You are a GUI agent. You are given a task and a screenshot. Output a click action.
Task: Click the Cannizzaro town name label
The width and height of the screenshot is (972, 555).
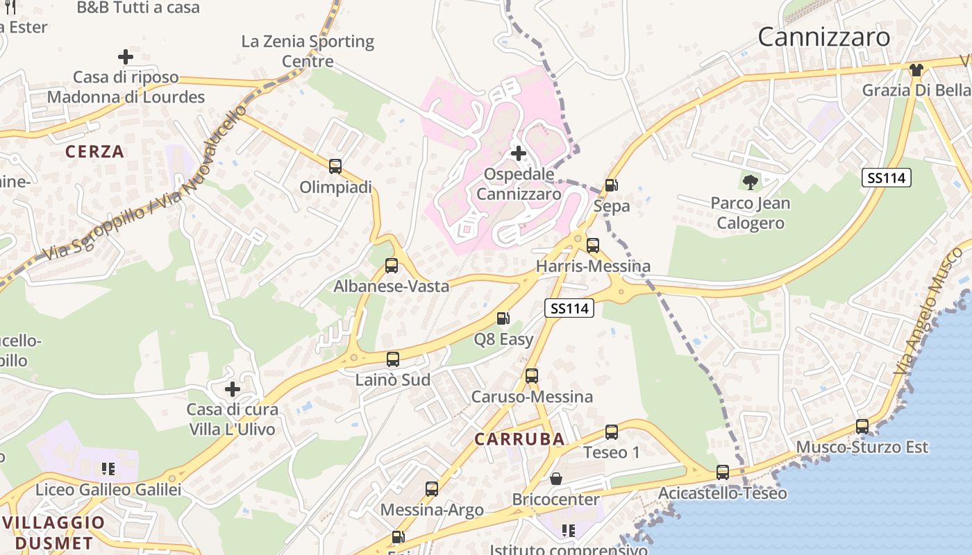(x=823, y=37)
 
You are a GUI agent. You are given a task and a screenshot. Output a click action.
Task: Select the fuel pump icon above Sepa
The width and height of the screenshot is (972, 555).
(x=611, y=185)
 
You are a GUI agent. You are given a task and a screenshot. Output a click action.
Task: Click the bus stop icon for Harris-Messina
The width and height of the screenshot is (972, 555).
(x=592, y=246)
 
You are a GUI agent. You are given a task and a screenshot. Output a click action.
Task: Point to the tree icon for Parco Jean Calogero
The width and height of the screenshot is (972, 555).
(x=750, y=182)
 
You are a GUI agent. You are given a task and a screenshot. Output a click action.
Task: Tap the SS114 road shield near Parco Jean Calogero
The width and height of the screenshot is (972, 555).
(x=886, y=178)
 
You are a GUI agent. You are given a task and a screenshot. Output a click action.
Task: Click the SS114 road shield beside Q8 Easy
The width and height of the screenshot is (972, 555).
(x=569, y=308)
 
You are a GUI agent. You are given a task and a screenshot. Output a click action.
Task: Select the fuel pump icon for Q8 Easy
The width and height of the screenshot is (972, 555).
(x=503, y=318)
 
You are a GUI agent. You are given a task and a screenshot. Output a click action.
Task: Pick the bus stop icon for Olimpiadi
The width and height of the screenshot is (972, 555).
(x=335, y=166)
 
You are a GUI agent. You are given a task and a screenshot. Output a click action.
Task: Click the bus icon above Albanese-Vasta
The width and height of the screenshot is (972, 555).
(x=392, y=265)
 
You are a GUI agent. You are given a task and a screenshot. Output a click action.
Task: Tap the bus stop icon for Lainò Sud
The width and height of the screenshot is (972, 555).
(x=393, y=359)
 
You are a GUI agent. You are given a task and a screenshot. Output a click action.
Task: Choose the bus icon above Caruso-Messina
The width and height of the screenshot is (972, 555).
(x=532, y=376)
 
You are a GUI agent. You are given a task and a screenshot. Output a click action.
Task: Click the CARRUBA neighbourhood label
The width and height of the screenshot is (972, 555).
(x=519, y=439)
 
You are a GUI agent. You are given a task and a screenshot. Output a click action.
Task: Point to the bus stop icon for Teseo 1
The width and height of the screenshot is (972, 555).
(x=611, y=432)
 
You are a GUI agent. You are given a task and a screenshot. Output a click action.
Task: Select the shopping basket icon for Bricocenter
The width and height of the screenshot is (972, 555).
(x=555, y=479)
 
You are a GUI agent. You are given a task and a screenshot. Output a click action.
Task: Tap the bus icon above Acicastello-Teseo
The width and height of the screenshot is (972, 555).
(x=723, y=472)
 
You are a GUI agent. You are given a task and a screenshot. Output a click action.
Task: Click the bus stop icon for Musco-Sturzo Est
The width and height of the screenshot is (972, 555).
(x=862, y=427)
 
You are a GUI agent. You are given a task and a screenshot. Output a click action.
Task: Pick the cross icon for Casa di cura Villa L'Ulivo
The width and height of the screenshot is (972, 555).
(x=232, y=388)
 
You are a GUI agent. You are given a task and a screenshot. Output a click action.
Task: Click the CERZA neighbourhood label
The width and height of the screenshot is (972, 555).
(x=94, y=151)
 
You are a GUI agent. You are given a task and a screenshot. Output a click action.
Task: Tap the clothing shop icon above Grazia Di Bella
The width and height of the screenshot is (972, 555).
(x=916, y=69)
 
